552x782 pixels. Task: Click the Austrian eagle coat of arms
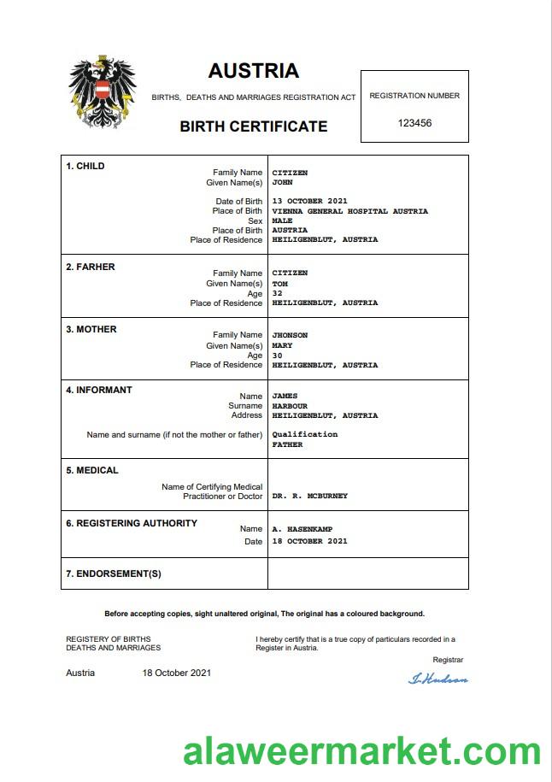pos(102,92)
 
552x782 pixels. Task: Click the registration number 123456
pos(414,123)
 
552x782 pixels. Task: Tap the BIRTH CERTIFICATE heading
pos(253,126)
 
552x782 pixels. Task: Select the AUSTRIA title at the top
pos(253,71)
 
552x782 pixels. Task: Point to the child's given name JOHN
pos(282,183)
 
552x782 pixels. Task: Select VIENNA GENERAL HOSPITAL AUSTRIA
pos(349,211)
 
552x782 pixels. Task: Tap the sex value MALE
pos(282,220)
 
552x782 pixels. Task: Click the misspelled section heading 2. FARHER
pos(91,267)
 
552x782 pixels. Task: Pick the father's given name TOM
pos(279,284)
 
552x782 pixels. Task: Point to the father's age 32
pos(277,293)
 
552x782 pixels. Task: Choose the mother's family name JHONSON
pos(290,335)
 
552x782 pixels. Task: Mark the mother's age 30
pos(277,356)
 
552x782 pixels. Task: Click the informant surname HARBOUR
pos(290,406)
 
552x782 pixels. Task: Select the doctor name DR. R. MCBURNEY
pos(309,496)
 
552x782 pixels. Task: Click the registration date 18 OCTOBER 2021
pos(309,542)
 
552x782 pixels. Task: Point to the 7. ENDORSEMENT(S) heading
pos(114,573)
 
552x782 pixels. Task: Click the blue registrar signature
pos(438,679)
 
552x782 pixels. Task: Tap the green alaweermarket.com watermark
pos(361,752)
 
